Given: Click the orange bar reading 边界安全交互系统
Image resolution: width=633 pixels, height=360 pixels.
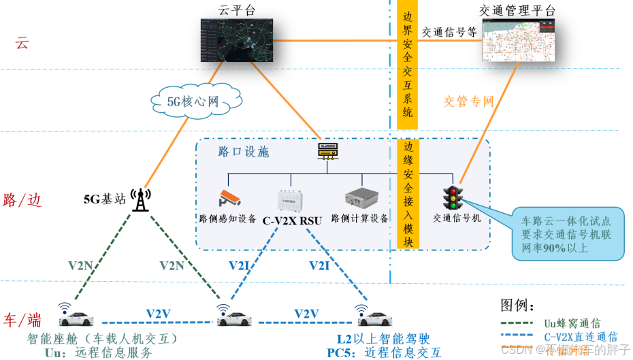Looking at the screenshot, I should pos(407,65).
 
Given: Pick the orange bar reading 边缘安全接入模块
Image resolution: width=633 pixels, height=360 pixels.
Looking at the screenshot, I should pos(407,194).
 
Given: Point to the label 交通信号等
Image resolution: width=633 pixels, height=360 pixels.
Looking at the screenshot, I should pos(449,31).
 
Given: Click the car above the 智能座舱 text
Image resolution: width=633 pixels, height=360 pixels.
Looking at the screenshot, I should pos(74,318).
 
